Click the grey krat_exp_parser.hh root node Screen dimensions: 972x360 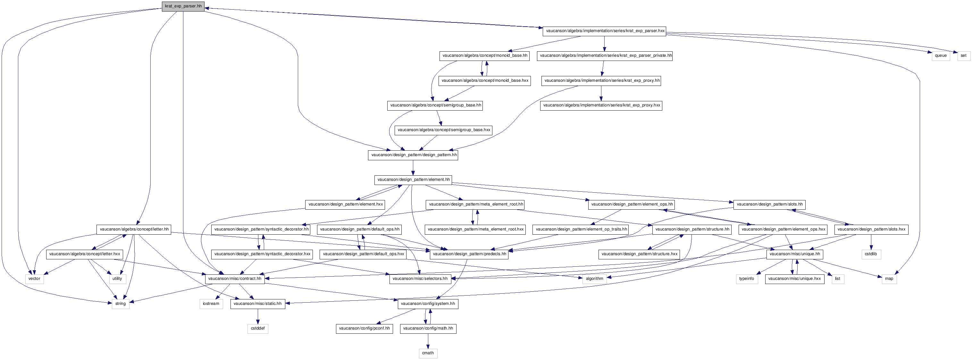[183, 6]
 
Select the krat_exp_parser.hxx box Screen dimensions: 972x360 [604, 31]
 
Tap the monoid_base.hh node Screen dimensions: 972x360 [484, 56]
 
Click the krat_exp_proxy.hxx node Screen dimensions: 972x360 [601, 105]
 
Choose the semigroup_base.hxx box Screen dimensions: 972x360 [444, 130]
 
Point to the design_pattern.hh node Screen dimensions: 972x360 [414, 155]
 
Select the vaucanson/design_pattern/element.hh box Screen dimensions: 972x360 [414, 180]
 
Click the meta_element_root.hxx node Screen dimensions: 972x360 [475, 230]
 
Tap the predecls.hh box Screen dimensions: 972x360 [469, 254]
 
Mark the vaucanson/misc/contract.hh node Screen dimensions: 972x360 [235, 279]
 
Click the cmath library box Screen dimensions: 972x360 [428, 353]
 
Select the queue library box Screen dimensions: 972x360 [941, 56]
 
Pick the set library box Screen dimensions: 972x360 [963, 56]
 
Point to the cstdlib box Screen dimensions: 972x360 [871, 254]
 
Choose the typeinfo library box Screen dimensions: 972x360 [747, 279]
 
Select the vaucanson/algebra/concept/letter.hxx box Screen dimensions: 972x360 [85, 254]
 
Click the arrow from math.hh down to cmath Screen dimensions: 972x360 [428, 341]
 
